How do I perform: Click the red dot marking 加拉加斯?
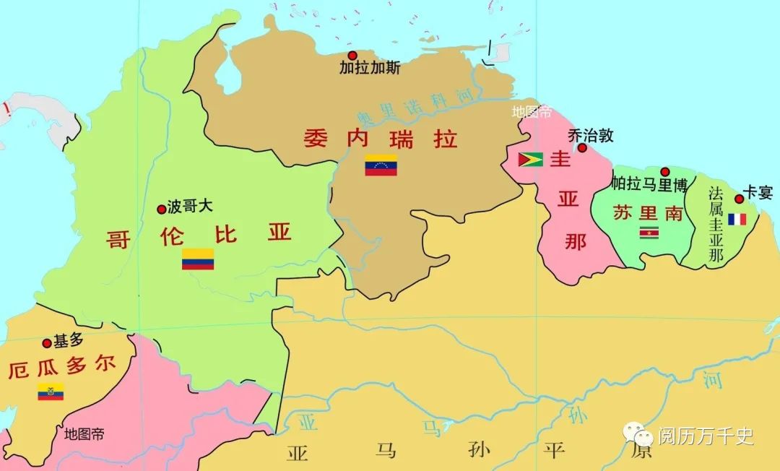coord(352,56)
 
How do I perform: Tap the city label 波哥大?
coord(190,207)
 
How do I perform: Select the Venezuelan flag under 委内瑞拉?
coord(381,165)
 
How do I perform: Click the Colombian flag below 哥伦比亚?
coord(197,259)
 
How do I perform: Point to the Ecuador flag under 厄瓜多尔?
coord(51,392)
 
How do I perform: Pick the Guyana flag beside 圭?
coord(531,160)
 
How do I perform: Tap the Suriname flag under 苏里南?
coord(649,233)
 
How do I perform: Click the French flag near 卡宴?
coord(737,218)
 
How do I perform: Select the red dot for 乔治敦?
coord(582,147)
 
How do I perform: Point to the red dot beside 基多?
coord(47,343)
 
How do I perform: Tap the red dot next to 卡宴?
coord(739,198)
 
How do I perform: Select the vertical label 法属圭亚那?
coord(716,225)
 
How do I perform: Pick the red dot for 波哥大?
coord(161,209)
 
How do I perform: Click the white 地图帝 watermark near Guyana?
coord(532,112)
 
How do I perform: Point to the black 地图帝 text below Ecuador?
coord(84,434)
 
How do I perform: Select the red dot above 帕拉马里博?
coord(664,171)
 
